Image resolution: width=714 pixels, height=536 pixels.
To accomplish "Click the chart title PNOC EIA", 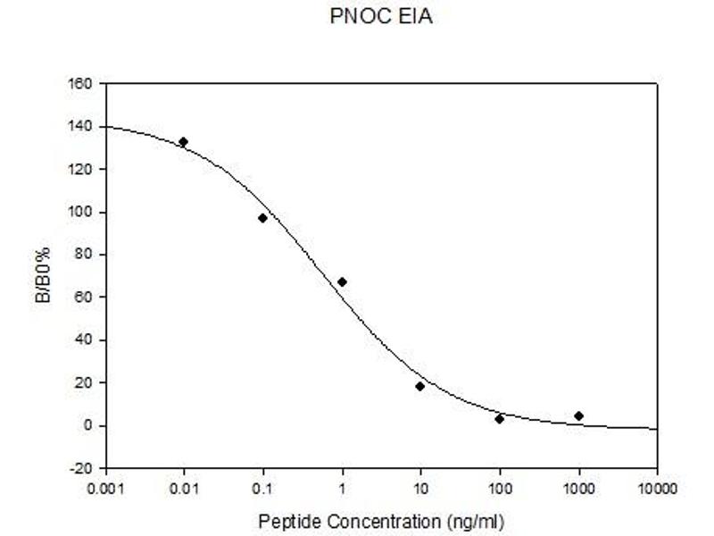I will pos(381,17).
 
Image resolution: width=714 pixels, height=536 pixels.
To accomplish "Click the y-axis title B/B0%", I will pos(42,276).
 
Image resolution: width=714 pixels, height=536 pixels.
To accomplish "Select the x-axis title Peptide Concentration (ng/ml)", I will pos(382,520).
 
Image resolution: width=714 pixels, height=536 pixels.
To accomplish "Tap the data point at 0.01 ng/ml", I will pos(184,142).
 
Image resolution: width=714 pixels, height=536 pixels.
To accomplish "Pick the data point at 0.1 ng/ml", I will pos(263,218).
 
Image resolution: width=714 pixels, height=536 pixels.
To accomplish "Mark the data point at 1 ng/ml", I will pos(342,282).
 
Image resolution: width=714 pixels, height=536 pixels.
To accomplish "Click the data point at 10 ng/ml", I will pos(420,386).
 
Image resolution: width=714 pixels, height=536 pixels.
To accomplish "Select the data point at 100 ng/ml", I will pos(500,418).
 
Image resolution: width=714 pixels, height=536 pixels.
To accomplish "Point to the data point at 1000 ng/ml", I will pos(578,415).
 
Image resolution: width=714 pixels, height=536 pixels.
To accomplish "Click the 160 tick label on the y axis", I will pos(82,84).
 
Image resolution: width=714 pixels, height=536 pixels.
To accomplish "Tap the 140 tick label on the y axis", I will pos(82,127).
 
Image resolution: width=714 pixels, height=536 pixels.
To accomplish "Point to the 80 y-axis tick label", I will pos(86,255).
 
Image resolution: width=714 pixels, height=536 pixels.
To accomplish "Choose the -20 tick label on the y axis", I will pos(83,468).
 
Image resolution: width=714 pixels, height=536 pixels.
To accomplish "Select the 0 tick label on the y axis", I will pos(89,425).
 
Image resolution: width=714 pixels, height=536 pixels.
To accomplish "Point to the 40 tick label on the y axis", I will pos(86,340).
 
